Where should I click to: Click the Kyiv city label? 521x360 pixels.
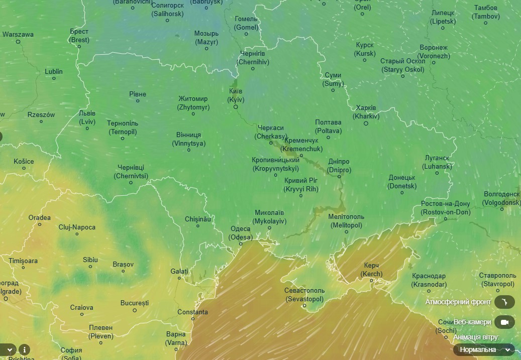[235, 95]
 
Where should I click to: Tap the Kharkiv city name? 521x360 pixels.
[366, 112]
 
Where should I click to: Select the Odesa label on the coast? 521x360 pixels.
[240, 233]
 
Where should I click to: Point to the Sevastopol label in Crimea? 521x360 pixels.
[304, 295]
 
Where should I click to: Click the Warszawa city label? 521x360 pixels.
[18, 35]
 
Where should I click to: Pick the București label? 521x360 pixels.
[135, 303]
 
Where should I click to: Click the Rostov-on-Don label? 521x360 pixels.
[445, 208]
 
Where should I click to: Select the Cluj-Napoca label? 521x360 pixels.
[77, 227]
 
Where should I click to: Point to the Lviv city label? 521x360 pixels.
[87, 117]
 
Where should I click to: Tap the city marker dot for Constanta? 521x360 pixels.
[192, 318]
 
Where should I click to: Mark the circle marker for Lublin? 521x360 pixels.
[54, 78]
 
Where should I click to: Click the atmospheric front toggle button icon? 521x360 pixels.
[504, 302]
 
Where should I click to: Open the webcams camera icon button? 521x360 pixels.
[504, 322]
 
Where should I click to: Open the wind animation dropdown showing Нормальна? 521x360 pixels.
[484, 349]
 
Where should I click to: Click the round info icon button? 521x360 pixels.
[24, 349]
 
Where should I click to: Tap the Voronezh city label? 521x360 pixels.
[433, 52]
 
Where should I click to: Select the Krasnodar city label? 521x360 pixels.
[429, 280]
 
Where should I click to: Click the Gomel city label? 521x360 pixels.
[246, 23]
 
